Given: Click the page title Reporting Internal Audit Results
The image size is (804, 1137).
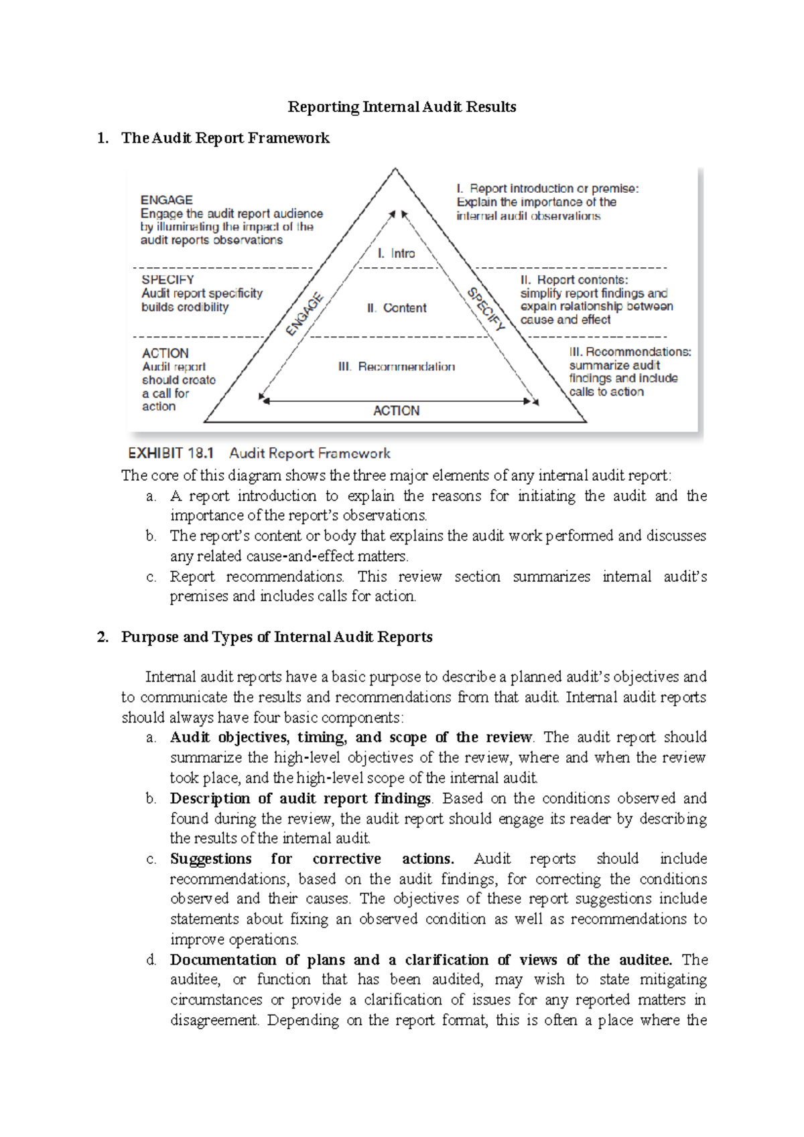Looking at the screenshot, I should [401, 107].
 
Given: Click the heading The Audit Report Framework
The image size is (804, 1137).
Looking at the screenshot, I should [225, 138].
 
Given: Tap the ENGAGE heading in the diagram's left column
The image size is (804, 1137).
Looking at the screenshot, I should [166, 200].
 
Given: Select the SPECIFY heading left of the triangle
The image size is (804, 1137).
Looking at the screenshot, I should [167, 280].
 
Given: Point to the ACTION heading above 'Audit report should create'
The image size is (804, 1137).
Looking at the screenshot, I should [165, 353].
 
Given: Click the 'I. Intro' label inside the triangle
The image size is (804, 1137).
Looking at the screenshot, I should [396, 254].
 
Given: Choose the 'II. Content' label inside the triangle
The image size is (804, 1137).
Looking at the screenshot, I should [397, 308].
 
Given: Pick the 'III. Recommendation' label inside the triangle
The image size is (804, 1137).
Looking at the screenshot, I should [397, 367].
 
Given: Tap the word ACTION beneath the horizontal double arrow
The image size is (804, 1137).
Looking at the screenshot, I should [396, 410].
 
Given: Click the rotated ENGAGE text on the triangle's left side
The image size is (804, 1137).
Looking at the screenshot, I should [305, 315].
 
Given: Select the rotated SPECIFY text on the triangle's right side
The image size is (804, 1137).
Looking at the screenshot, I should [486, 309].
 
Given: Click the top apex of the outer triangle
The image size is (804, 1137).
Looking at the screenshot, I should [395, 169].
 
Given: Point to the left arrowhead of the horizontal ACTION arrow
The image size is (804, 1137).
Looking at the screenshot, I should [265, 401].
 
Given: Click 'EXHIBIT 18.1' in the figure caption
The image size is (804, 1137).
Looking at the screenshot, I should [171, 453].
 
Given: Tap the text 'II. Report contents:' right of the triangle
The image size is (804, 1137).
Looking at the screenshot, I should [574, 280].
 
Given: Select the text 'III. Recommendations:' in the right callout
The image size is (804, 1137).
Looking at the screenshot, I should [630, 352].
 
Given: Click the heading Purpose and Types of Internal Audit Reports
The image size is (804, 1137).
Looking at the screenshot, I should [277, 637].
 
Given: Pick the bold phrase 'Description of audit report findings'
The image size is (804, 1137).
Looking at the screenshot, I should [300, 798].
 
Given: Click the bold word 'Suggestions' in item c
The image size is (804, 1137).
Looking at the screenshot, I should [210, 859].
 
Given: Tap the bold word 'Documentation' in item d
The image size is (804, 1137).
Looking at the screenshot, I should [223, 960].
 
